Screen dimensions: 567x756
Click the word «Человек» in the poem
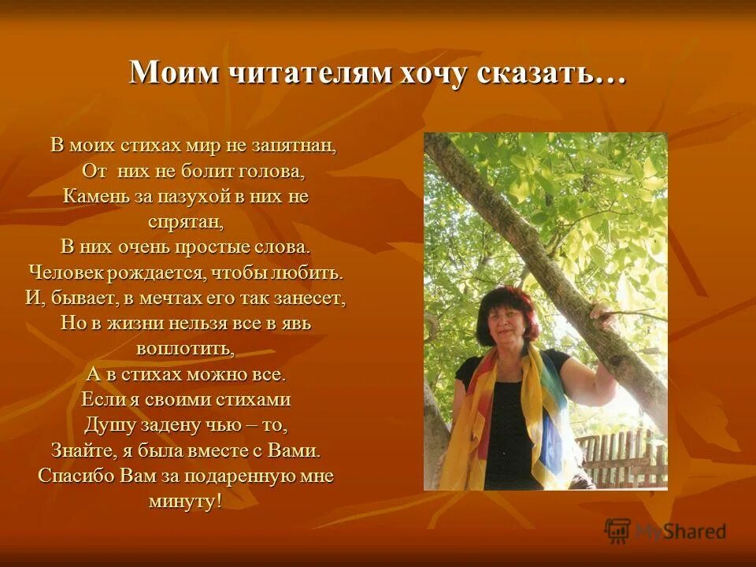click(x=67, y=272)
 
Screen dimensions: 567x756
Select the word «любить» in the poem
click(x=311, y=272)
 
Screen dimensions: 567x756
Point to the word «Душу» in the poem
click(x=108, y=424)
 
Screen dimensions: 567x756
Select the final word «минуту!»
click(x=185, y=502)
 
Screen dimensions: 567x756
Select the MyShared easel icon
click(x=617, y=531)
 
